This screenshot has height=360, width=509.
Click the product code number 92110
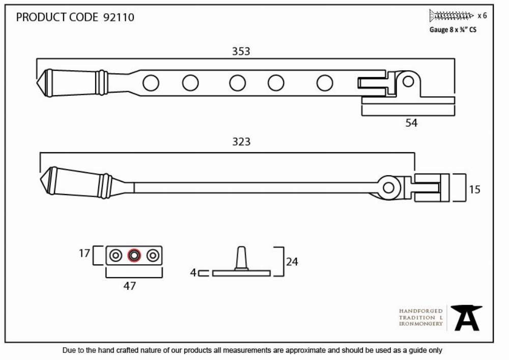(x=119, y=17)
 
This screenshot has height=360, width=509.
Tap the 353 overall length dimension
(x=241, y=51)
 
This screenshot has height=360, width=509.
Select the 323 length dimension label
(x=241, y=142)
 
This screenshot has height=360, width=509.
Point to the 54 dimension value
(x=411, y=123)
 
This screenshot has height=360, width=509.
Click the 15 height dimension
(x=474, y=189)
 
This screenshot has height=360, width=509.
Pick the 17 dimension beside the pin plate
(x=84, y=253)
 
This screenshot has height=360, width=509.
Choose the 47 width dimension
(x=129, y=286)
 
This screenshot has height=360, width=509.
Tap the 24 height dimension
(x=292, y=262)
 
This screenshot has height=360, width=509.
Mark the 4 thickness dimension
(x=193, y=273)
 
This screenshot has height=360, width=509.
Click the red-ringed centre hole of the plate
(x=134, y=256)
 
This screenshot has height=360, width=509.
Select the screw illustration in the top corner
(x=451, y=15)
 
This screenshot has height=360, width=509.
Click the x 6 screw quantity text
(x=482, y=16)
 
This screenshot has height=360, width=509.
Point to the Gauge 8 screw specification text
(x=453, y=30)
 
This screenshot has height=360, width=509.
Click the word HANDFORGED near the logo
(x=421, y=311)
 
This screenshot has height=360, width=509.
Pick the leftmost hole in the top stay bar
(x=151, y=83)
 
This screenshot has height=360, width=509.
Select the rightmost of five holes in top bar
(x=325, y=83)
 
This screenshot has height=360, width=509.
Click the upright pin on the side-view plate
(x=241, y=258)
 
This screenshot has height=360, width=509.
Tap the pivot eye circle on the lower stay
(x=388, y=187)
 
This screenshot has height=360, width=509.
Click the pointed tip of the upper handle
(x=37, y=83)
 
